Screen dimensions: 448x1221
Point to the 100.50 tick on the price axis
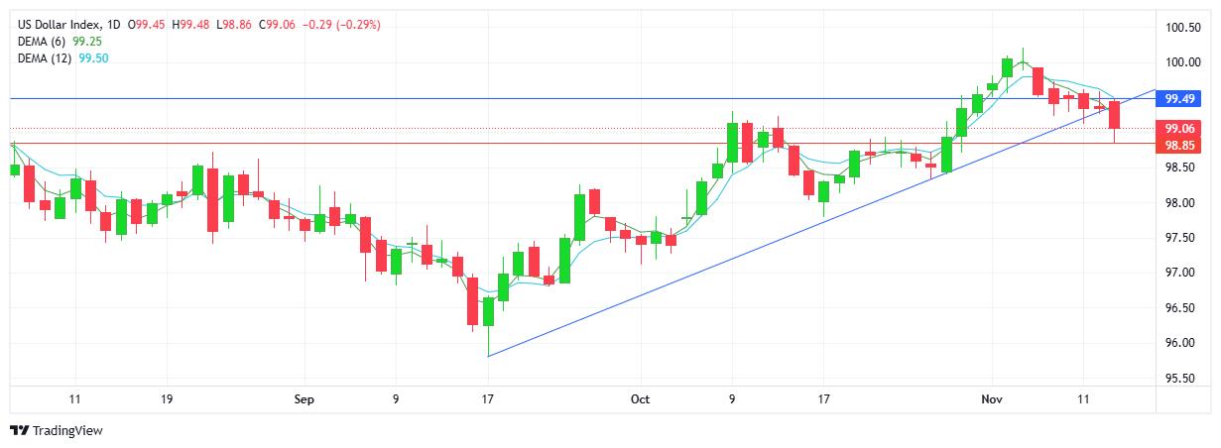point(1182,28)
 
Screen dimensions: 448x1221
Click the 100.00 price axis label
point(1182,62)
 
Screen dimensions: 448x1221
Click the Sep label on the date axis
point(305,399)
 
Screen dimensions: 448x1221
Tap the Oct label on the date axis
point(640,399)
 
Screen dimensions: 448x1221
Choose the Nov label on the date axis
point(992,399)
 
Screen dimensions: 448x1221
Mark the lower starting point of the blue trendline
point(489,356)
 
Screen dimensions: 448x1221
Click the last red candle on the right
point(1115,114)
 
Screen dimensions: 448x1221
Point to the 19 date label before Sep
point(166,399)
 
